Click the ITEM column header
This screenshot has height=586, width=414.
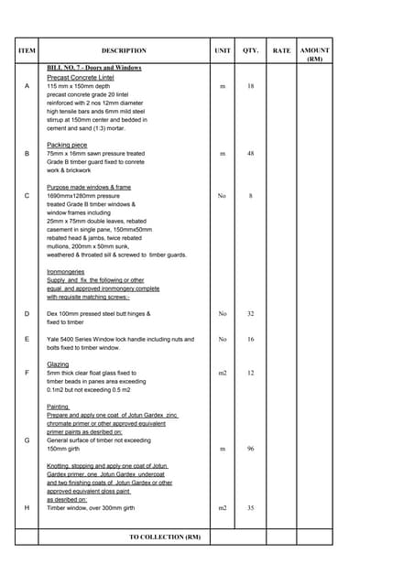click(27, 51)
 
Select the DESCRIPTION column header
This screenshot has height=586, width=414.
click(124, 51)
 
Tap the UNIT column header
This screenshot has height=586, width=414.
click(223, 51)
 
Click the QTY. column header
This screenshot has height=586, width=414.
click(250, 51)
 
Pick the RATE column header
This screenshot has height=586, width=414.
click(281, 51)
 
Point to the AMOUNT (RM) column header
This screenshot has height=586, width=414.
click(315, 55)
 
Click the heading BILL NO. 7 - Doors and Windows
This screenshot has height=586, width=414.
click(94, 68)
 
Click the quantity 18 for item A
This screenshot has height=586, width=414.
click(250, 86)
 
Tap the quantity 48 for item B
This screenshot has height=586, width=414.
click(250, 154)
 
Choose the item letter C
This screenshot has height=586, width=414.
click(27, 196)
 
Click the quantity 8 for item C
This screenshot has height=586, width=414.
click(250, 196)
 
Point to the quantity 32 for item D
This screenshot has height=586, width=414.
click(250, 314)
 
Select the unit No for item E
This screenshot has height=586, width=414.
click(223, 339)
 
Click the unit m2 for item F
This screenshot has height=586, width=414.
click(223, 373)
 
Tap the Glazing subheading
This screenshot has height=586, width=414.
click(59, 364)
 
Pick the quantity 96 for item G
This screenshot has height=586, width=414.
click(250, 449)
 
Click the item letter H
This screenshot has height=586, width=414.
click(27, 507)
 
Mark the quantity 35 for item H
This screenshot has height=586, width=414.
click(250, 507)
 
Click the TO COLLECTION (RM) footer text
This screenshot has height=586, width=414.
click(164, 537)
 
